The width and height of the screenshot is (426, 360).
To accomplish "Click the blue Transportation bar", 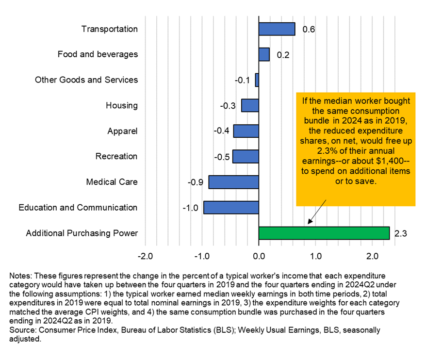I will pos(277,29).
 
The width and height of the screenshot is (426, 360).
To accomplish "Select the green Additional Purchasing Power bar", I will pos(324,233).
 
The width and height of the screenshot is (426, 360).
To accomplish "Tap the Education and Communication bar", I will pos(231,208).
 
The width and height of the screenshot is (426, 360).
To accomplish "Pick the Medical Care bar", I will pos(233,182).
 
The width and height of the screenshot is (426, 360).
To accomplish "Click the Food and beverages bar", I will pos(264,54).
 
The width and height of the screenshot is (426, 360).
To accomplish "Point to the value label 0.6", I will pos(309,30).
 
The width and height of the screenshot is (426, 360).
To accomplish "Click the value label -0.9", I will pos(195,183).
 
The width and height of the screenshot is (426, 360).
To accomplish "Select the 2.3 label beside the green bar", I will pos(400,234).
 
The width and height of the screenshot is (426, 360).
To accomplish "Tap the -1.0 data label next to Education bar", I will pos(190,208).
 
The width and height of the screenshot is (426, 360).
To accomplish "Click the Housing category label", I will pos(122,105).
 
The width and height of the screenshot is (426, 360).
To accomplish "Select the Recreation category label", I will pos(116,156).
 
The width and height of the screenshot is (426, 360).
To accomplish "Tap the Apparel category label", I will pos(123,131).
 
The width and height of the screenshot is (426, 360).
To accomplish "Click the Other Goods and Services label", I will pos(86,80).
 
